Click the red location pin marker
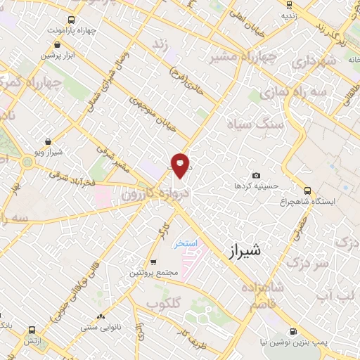point(181,165)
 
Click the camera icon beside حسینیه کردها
point(256,175)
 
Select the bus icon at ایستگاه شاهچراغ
point(307,190)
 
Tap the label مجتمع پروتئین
point(149,272)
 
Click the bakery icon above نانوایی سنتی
point(102,317)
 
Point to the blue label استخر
point(188,243)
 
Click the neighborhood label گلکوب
point(163,303)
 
